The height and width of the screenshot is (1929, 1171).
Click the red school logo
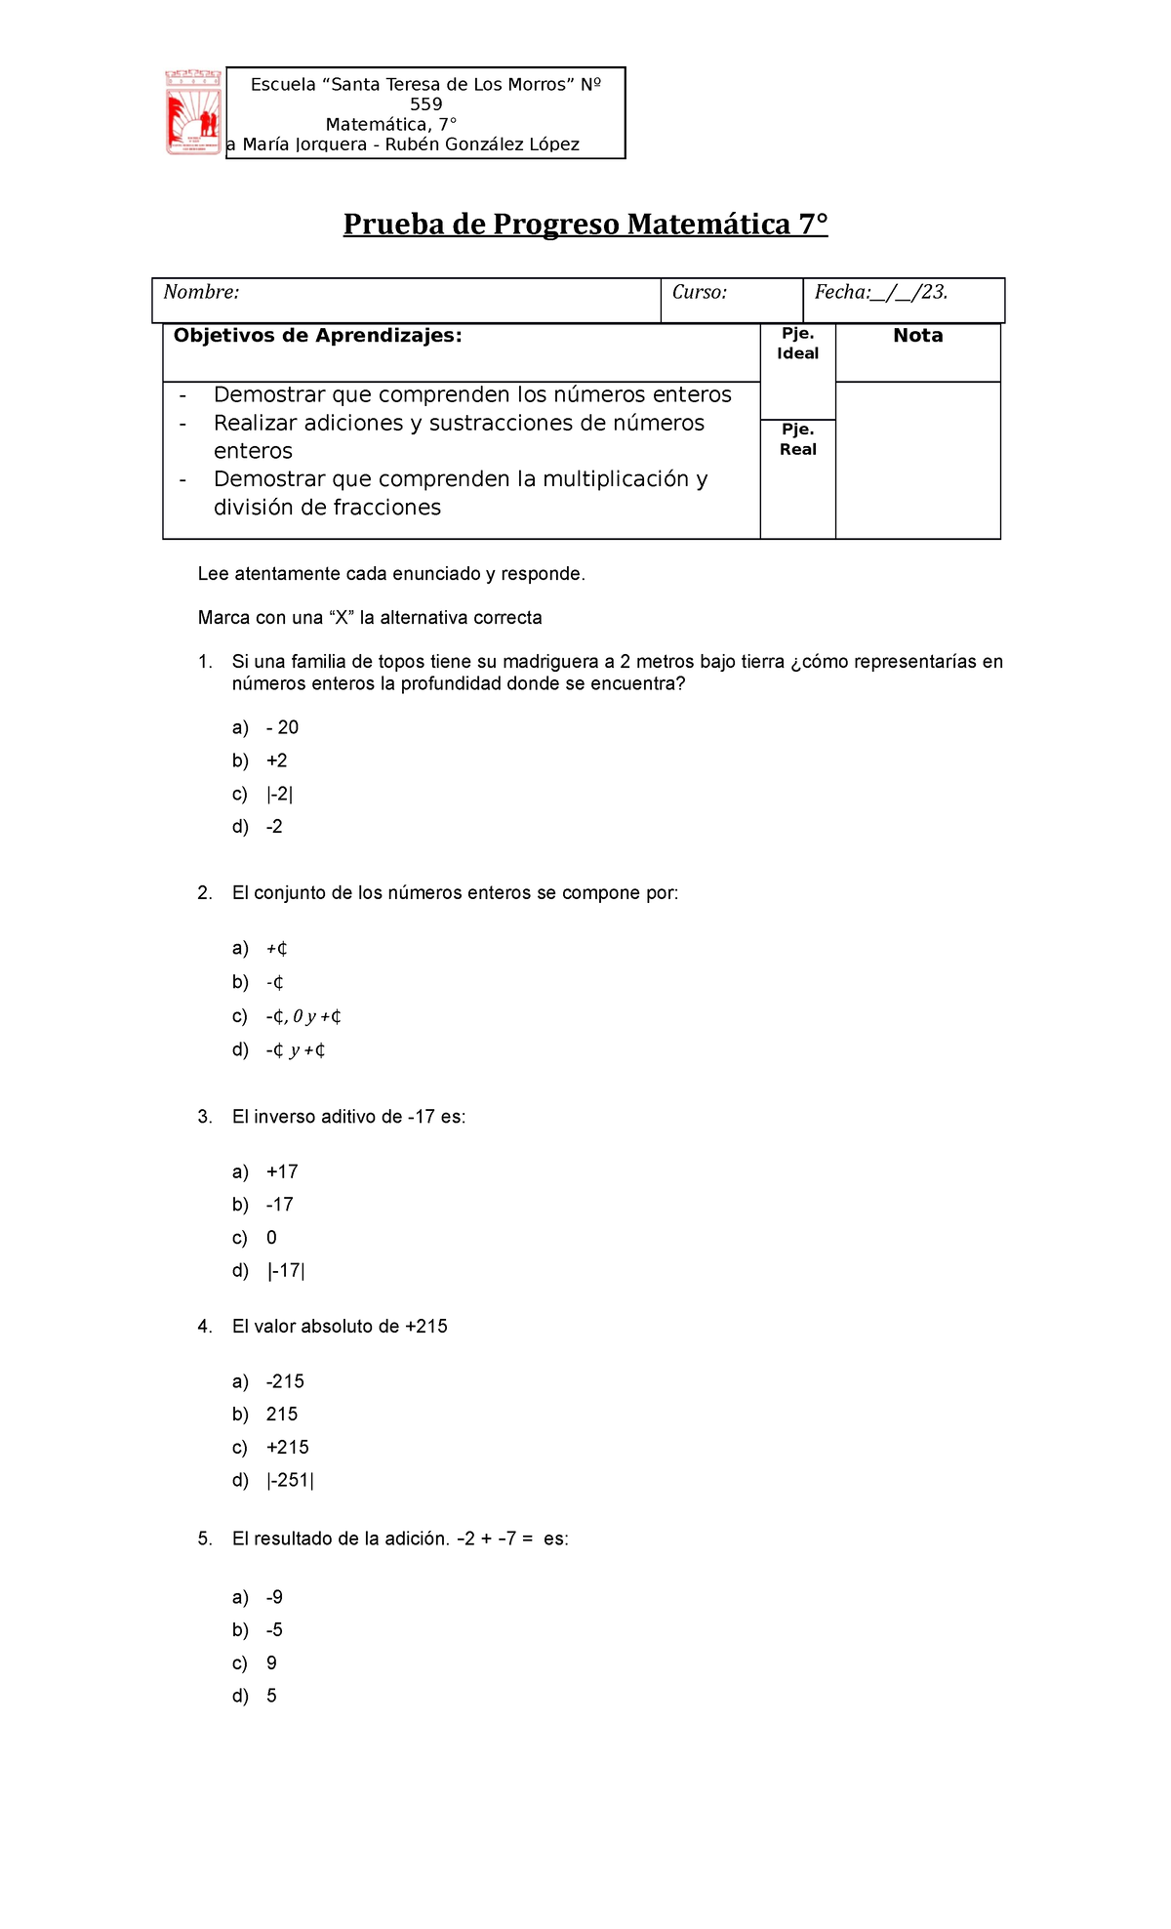(x=193, y=112)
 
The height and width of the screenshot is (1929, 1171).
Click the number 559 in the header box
(x=425, y=104)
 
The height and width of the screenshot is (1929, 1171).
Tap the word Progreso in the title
(x=555, y=225)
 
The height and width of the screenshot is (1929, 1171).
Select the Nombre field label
(x=201, y=292)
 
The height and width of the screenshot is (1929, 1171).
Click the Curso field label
(x=699, y=292)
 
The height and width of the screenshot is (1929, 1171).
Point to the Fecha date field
(x=880, y=292)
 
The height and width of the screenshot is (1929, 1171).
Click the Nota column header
(x=917, y=336)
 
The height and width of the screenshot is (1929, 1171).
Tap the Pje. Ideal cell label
(x=797, y=344)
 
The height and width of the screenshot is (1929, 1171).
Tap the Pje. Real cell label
(x=797, y=439)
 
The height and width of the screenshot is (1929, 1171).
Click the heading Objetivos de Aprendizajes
(x=317, y=336)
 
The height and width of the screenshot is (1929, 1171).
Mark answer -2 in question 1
(x=274, y=827)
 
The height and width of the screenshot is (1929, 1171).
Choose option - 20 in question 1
(x=282, y=727)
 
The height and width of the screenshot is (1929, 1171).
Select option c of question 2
(x=303, y=1016)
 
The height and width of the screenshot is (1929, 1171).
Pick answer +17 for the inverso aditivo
(x=282, y=1171)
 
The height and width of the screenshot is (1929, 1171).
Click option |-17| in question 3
(x=285, y=1271)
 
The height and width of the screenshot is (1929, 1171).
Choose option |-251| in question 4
(x=290, y=1480)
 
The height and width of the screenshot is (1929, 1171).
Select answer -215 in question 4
(x=285, y=1381)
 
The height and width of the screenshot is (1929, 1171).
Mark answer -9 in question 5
(x=274, y=1597)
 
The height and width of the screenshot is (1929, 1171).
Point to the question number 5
(x=204, y=1539)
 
